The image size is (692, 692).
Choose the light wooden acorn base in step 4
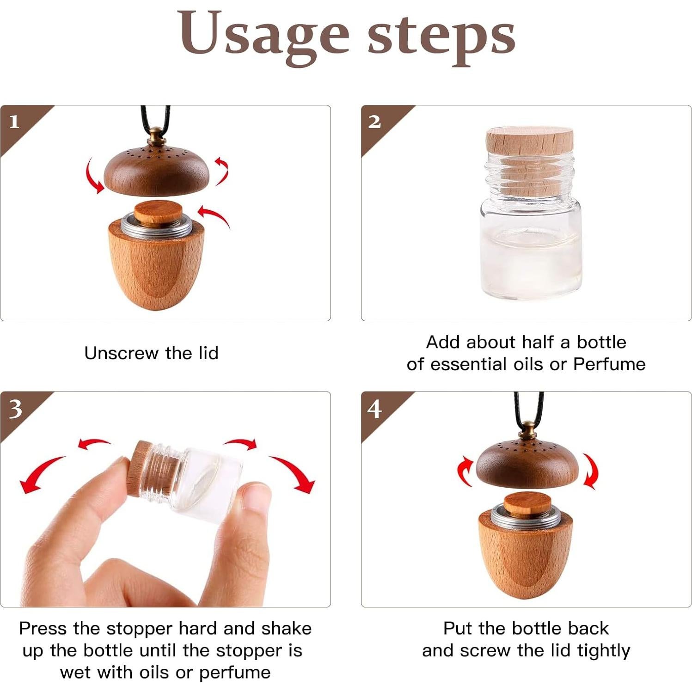point(525,552)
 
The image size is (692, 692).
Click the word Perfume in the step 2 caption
point(609,365)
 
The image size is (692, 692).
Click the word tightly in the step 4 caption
point(604,651)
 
